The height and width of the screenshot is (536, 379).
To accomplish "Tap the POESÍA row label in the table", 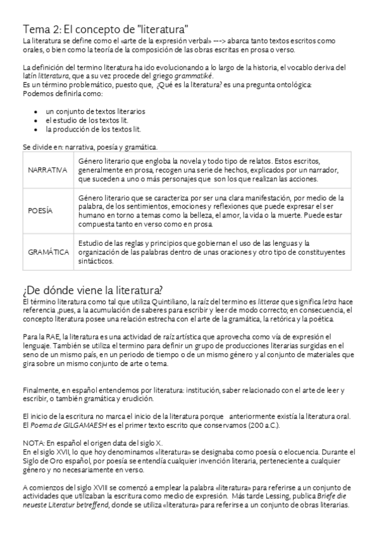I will coord(40,210).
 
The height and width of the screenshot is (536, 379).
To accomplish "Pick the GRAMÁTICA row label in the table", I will coord(48,252).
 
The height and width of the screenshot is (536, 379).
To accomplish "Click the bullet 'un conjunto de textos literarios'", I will coord(96,111).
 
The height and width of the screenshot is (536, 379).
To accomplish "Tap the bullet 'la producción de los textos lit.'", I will coord(93,129).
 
